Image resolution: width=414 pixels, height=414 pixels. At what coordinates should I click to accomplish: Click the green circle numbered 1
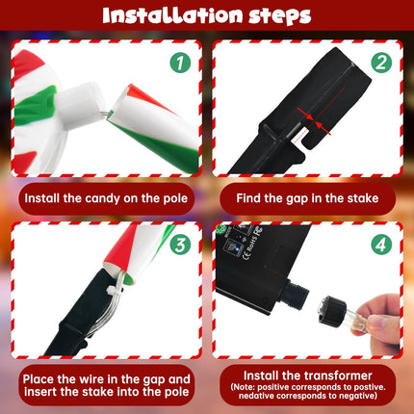[180, 63]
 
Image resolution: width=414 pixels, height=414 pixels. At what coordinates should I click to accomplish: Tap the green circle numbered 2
[381, 63]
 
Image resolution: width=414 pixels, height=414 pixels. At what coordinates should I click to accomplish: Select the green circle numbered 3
[180, 245]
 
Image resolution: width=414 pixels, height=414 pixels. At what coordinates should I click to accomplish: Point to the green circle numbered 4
[381, 245]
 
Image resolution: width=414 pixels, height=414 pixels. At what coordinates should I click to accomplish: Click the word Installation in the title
[172, 15]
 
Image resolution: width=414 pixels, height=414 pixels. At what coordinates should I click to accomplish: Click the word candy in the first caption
[102, 199]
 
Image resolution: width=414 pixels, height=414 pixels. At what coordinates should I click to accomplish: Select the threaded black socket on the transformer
[296, 294]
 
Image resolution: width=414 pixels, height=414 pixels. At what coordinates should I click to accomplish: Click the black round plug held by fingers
[330, 312]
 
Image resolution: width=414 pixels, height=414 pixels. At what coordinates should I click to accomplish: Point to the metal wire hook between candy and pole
[107, 114]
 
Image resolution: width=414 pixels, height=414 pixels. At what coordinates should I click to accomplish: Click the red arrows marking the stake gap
[314, 121]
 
